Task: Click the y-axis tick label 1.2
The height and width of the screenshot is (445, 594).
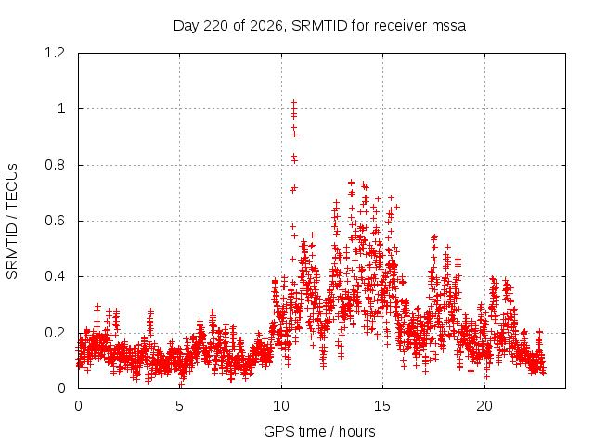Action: click(x=55, y=53)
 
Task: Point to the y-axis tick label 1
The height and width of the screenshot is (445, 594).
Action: click(x=61, y=108)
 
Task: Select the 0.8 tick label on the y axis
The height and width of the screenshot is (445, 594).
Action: click(x=55, y=165)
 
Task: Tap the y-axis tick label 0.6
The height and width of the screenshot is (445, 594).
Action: click(x=55, y=221)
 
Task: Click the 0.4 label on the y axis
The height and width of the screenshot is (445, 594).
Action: click(x=55, y=276)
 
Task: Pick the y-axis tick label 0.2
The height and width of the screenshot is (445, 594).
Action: click(x=55, y=333)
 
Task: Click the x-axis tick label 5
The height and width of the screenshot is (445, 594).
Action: click(x=179, y=406)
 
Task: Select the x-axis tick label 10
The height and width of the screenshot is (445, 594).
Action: click(x=281, y=406)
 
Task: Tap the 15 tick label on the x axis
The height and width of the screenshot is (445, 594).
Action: click(x=382, y=406)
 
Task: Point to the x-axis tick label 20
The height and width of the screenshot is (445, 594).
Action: click(x=484, y=406)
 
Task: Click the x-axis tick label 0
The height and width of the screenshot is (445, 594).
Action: click(x=78, y=406)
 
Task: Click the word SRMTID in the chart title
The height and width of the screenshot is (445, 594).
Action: click(x=319, y=26)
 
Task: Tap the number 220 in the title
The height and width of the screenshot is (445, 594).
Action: click(x=216, y=26)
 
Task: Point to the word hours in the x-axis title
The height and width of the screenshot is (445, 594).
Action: click(x=356, y=431)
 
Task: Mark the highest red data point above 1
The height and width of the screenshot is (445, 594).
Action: click(x=293, y=102)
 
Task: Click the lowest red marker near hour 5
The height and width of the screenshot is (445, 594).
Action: click(x=182, y=385)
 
